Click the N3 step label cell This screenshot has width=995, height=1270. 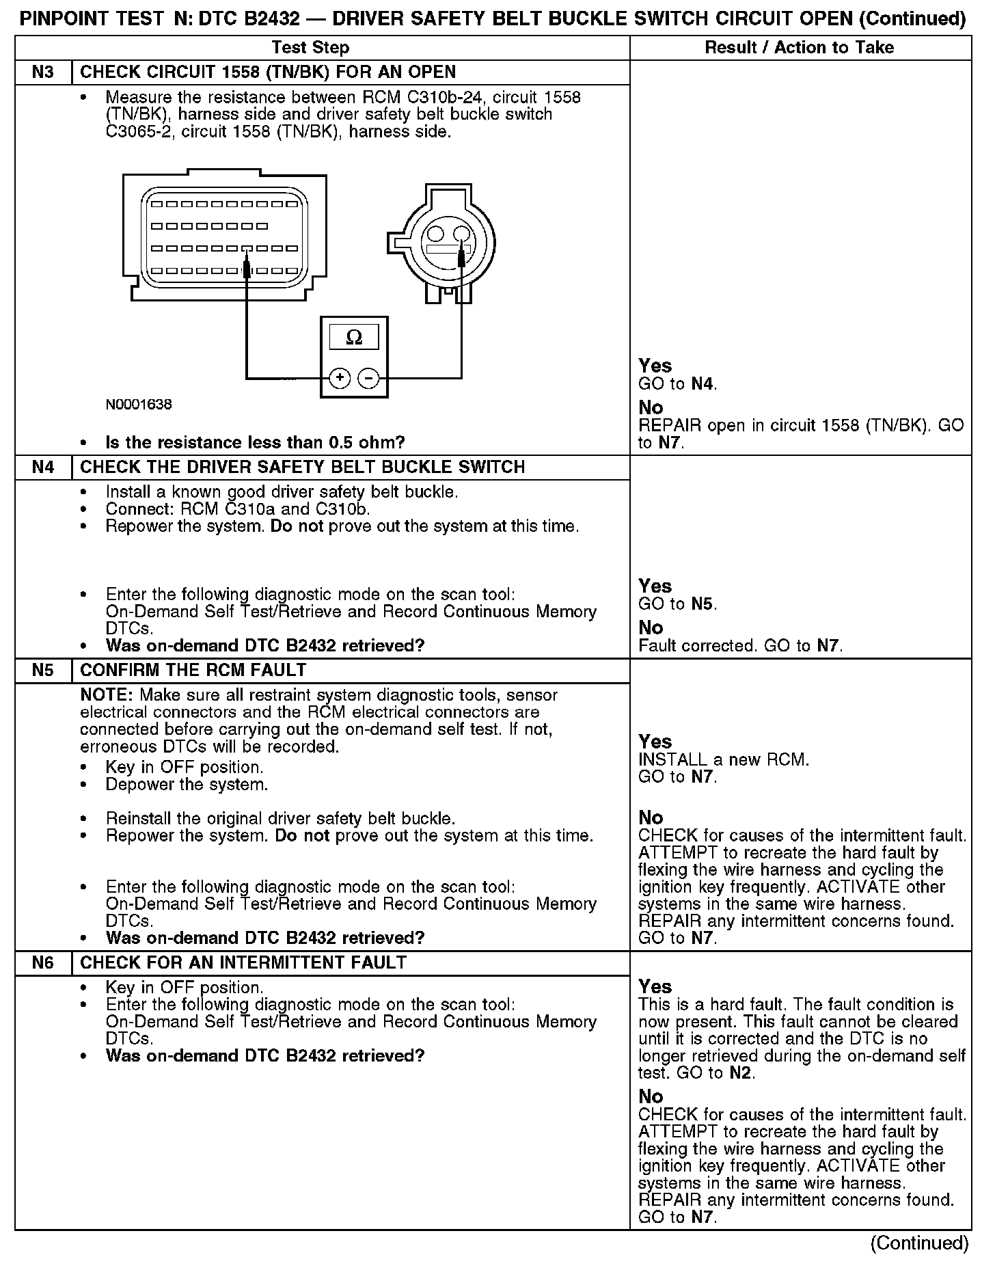click(43, 72)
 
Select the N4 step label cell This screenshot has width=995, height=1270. click(43, 468)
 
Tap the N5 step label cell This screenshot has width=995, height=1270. click(43, 671)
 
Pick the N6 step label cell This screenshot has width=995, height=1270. click(43, 963)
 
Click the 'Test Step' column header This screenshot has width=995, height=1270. click(310, 48)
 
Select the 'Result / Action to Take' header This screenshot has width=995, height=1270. click(799, 48)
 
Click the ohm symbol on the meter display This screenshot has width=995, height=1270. click(354, 338)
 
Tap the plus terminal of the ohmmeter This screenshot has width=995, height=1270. click(340, 378)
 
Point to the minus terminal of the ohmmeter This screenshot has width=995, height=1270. click(369, 378)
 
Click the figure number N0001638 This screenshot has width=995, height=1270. click(139, 405)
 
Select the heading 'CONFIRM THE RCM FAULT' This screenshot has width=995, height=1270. click(193, 671)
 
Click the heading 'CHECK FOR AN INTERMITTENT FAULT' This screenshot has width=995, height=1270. click(243, 963)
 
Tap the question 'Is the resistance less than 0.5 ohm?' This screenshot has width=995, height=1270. click(255, 443)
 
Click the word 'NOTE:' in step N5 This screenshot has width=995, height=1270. click(107, 696)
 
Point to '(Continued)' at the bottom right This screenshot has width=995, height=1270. click(919, 1243)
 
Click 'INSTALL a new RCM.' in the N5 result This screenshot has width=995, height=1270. click(723, 760)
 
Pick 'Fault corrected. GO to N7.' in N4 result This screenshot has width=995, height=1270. click(740, 646)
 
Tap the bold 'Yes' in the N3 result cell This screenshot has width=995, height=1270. click(655, 366)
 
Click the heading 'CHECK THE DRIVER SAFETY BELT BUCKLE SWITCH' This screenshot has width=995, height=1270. click(303, 468)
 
